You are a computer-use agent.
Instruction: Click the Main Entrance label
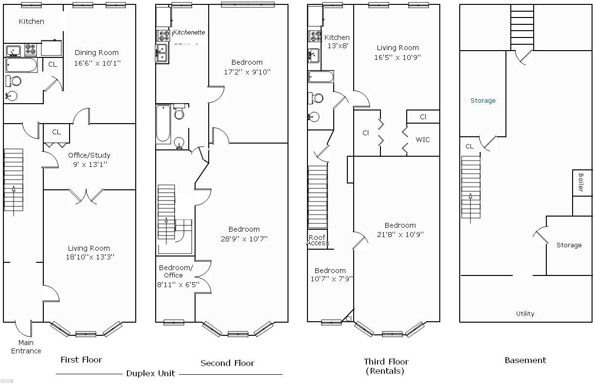(x=26, y=347)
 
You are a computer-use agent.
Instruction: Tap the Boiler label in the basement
(x=581, y=182)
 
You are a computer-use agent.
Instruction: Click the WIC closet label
(x=422, y=140)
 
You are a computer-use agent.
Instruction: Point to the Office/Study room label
(x=89, y=155)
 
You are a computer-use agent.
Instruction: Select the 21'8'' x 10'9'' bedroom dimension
(x=400, y=234)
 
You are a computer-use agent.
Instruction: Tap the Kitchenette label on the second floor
(x=189, y=32)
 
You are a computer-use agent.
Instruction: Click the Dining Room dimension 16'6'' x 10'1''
(x=97, y=63)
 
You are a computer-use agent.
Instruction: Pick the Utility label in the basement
(x=525, y=313)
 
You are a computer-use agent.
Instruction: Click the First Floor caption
(x=81, y=360)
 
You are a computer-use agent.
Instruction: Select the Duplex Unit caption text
(x=150, y=373)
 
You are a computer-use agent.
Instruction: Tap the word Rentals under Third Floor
(x=384, y=371)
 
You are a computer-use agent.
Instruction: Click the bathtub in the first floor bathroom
(x=21, y=65)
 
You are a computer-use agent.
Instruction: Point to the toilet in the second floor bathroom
(x=180, y=112)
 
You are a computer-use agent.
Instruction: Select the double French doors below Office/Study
(x=86, y=196)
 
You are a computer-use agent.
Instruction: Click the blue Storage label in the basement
(x=483, y=100)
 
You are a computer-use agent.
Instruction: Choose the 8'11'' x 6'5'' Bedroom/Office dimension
(x=178, y=284)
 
